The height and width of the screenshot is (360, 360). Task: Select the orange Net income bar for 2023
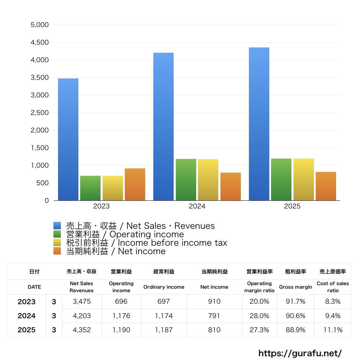tap(135, 184)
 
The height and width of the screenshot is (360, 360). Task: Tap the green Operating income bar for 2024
tap(186, 180)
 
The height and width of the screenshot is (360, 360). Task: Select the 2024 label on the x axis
tap(197, 206)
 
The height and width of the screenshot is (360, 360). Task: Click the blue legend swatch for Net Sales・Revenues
tap(57, 226)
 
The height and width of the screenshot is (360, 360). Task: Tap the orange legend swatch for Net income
tap(57, 251)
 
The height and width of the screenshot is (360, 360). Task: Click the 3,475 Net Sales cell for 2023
tap(82, 302)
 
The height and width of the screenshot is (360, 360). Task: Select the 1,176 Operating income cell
tap(121, 316)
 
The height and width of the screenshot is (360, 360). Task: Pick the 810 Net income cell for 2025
tap(214, 330)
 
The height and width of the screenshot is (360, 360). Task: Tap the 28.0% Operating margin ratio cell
tap(259, 316)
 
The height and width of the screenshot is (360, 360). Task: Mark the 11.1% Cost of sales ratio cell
tap(333, 330)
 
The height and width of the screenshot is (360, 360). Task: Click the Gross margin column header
tap(295, 287)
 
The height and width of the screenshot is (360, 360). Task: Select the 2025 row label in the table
tap(27, 330)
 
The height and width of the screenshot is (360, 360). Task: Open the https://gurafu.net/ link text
tap(300, 353)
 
